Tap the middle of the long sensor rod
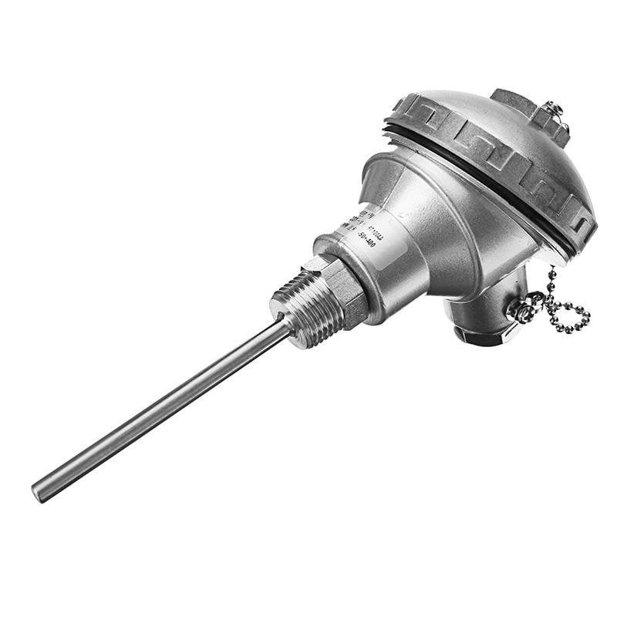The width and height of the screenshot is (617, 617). [x=162, y=409]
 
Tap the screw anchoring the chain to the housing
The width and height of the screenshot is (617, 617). [x=522, y=312]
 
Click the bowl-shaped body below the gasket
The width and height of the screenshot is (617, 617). [x=455, y=231]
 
